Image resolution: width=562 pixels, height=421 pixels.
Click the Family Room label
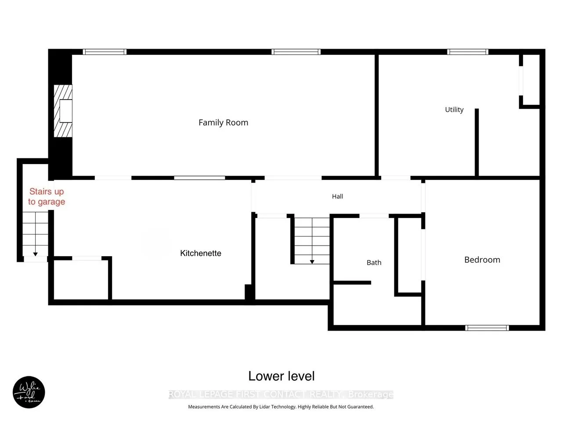point(223,123)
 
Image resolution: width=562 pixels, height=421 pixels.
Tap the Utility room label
point(454,110)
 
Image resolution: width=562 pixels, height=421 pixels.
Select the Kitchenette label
point(201,253)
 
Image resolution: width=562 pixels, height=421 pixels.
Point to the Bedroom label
point(482,260)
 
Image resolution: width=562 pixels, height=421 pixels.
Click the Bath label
point(374,263)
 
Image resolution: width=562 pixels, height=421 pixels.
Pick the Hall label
point(338,196)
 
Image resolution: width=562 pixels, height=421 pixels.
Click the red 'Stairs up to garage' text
point(47,196)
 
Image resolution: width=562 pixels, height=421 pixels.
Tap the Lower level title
point(281,376)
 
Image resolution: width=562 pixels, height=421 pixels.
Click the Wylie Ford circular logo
point(29,392)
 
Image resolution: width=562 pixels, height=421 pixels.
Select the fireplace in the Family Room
point(63,111)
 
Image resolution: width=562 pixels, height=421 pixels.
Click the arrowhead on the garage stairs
point(35,254)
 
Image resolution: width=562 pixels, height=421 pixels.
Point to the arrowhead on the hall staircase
point(312,262)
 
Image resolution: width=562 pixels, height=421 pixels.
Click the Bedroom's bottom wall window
point(487,328)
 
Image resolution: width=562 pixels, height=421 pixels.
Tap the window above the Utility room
point(468,52)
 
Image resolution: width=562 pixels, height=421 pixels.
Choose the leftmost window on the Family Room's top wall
point(104,52)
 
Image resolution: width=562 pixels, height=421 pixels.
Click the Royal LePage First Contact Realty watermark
point(281,394)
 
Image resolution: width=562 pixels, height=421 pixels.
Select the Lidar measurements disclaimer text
point(281,407)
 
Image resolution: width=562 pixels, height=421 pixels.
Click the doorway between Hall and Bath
point(374,216)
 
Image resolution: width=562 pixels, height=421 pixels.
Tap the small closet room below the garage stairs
point(81,280)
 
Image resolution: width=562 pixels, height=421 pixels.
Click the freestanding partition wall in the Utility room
point(477,143)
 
